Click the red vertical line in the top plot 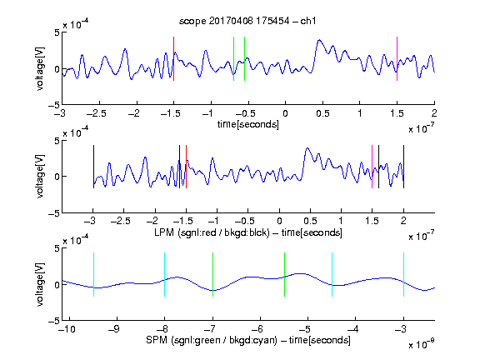pos(173,59)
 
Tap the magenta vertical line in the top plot pos(397,59)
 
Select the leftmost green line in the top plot pos(233,59)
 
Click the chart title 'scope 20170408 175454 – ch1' pos(247,21)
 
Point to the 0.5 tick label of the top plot pos(322,113)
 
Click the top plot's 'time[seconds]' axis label pos(248,124)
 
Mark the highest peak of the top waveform pos(319,40)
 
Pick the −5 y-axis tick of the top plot pos(54,105)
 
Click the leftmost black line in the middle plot pos(93,167)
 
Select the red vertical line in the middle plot pos(186,167)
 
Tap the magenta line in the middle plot pos(372,167)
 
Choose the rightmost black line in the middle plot pos(403,167)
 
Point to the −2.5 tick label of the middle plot pos(121,221)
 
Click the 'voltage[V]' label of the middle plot pos(40,176)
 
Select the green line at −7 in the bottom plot pos(212,275)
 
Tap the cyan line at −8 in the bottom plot pos(164,275)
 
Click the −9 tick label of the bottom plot pos(114,329)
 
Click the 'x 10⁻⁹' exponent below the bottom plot pos(422,344)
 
